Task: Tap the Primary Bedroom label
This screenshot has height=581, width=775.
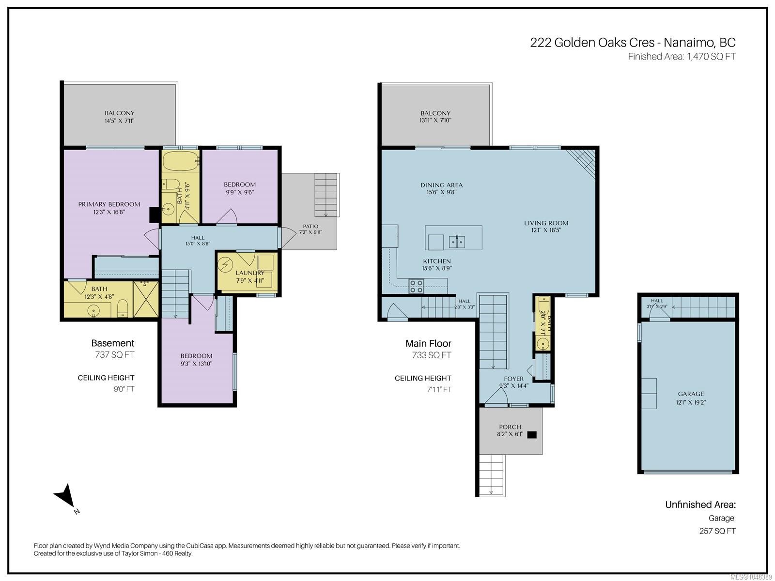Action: [x=109, y=204]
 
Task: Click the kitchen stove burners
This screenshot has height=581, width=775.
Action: [x=416, y=286]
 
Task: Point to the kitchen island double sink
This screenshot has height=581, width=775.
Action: [x=457, y=242]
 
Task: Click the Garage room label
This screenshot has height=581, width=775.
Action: [x=691, y=394]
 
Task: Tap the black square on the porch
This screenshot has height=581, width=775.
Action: [x=532, y=435]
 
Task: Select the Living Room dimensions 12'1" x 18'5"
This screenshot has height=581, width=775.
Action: [x=546, y=230]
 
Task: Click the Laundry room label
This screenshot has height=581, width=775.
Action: [x=250, y=273]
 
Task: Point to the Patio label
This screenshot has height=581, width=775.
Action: [x=310, y=227]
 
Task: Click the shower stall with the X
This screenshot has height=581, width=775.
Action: [x=146, y=299]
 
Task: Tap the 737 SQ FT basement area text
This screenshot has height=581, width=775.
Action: [x=115, y=354]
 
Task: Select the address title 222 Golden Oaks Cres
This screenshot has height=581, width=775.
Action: [x=592, y=43]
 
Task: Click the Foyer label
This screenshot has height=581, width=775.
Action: [x=514, y=379]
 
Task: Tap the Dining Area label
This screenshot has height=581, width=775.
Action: [x=441, y=185]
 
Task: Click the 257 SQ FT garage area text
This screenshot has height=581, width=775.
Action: [x=717, y=531]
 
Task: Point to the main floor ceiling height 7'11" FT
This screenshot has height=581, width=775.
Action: [x=438, y=389]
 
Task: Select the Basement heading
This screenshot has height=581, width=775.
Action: [x=113, y=343]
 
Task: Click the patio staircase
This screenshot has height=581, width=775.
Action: [x=326, y=195]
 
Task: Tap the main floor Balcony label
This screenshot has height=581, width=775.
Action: [x=435, y=113]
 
